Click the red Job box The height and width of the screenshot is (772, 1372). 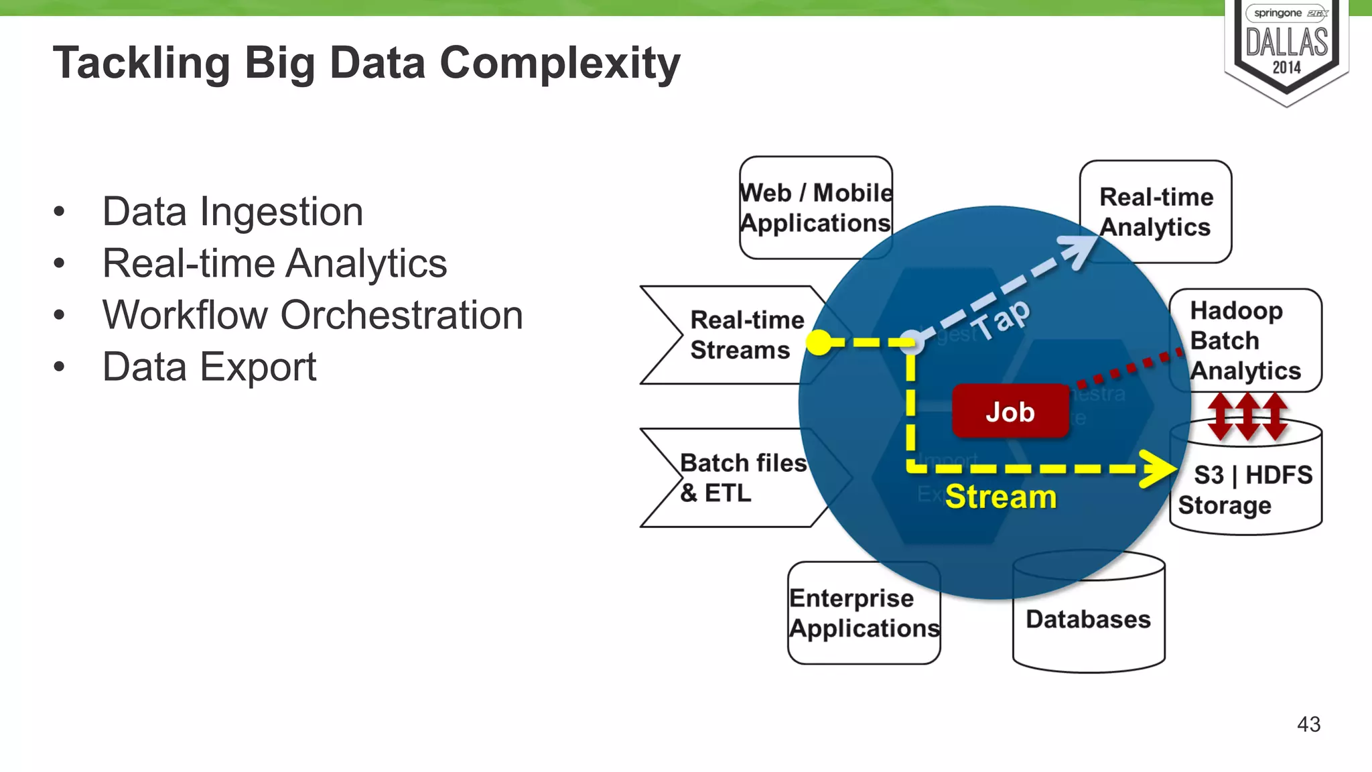[x=1010, y=411]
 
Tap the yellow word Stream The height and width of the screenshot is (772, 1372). [x=1000, y=497]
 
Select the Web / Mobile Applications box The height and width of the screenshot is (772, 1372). [x=815, y=208]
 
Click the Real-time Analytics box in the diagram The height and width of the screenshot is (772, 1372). [x=1156, y=212]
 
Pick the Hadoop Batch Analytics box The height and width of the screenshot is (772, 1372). [x=1245, y=340]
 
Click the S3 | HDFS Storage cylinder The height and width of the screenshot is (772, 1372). [x=1245, y=489]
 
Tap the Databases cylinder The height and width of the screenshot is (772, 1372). [x=1088, y=619]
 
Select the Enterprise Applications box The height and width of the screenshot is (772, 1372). [x=864, y=613]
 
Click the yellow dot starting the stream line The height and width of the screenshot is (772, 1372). [x=819, y=342]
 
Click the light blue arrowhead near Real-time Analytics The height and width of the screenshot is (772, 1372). [x=1080, y=250]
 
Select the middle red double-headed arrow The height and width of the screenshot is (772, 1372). [x=1247, y=416]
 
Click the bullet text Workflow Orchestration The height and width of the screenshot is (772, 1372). [x=312, y=315]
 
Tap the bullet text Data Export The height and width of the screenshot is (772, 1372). [x=209, y=367]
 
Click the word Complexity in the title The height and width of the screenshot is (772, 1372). [x=559, y=63]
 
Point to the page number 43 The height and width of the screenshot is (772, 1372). [x=1308, y=724]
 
